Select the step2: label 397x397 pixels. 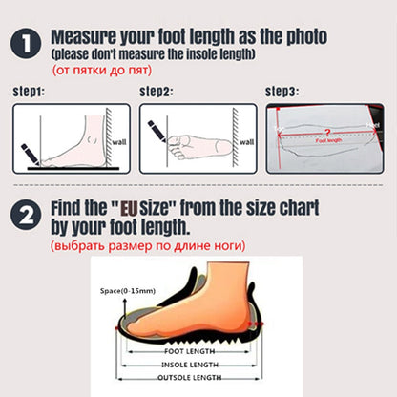pyautogui.click(x=156, y=92)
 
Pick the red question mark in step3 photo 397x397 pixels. pyautogui.click(x=328, y=132)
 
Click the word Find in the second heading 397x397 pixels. pyautogui.click(x=75, y=207)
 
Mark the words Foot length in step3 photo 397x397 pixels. pyautogui.click(x=325, y=140)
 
